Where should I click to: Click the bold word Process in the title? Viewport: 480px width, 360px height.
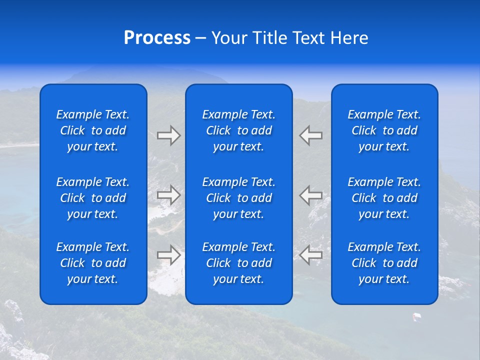(157, 38)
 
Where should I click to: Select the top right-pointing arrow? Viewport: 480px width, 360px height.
(168, 135)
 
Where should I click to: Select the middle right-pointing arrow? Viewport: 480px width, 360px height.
(168, 195)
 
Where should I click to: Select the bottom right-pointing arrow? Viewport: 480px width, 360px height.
(168, 255)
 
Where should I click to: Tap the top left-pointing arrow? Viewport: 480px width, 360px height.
(311, 135)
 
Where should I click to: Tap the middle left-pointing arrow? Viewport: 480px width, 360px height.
(311, 195)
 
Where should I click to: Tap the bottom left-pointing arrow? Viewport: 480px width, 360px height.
(311, 255)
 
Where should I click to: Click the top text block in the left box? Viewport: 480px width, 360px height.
(93, 130)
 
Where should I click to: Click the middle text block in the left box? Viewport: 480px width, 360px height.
(93, 198)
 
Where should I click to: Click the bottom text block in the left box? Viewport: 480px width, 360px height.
(93, 263)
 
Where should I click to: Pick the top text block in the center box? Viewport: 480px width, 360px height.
(238, 130)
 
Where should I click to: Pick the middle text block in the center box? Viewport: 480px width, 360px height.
(238, 198)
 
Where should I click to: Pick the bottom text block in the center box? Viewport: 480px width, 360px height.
(238, 263)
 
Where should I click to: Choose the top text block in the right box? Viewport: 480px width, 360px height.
(384, 130)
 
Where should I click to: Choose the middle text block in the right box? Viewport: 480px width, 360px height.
(384, 198)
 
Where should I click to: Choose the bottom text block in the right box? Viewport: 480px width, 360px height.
(384, 263)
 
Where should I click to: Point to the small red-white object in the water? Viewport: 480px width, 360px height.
(416, 316)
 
